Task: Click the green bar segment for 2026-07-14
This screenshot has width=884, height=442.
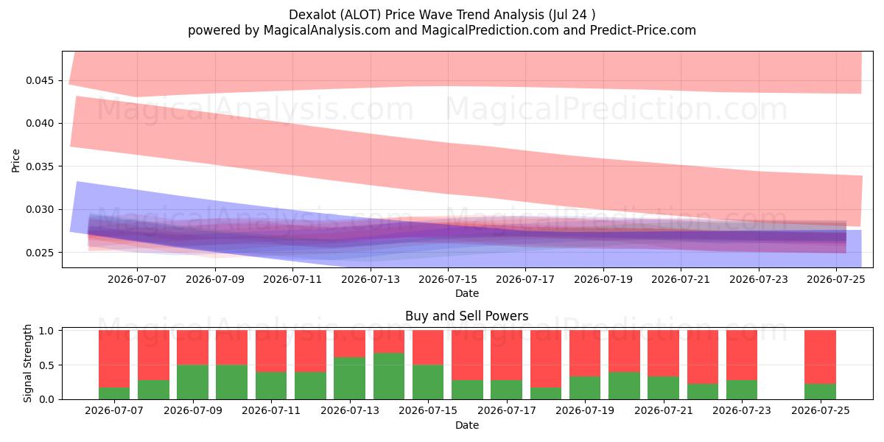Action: pyautogui.click(x=389, y=376)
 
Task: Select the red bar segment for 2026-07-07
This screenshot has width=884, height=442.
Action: pyautogui.click(x=114, y=359)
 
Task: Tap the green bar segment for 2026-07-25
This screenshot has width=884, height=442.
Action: pyautogui.click(x=820, y=391)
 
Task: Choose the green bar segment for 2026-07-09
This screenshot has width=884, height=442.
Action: pyautogui.click(x=192, y=382)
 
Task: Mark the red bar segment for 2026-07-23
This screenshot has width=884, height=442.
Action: pyautogui.click(x=742, y=355)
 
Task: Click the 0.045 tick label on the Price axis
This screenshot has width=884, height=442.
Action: pyautogui.click(x=39, y=80)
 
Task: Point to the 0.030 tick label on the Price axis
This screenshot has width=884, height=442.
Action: pyautogui.click(x=39, y=209)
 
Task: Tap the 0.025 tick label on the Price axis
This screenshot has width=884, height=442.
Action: pyautogui.click(x=39, y=252)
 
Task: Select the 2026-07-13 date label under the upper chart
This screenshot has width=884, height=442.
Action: pyautogui.click(x=370, y=279)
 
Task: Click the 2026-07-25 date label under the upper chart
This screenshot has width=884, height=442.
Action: pyautogui.click(x=836, y=279)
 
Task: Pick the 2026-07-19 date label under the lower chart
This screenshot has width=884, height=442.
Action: pyautogui.click(x=585, y=410)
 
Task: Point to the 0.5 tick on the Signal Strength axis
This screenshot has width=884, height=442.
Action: pyautogui.click(x=46, y=365)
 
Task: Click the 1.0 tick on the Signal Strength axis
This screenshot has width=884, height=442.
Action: pyautogui.click(x=46, y=330)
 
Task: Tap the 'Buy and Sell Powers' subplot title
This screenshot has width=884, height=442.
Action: pyautogui.click(x=467, y=316)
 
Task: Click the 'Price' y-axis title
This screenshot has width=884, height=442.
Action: pyautogui.click(x=15, y=161)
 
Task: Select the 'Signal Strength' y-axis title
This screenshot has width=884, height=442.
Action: pyautogui.click(x=27, y=363)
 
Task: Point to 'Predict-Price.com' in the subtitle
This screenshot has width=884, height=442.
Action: pyautogui.click(x=643, y=30)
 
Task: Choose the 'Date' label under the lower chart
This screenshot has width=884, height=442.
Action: pyautogui.click(x=467, y=425)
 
